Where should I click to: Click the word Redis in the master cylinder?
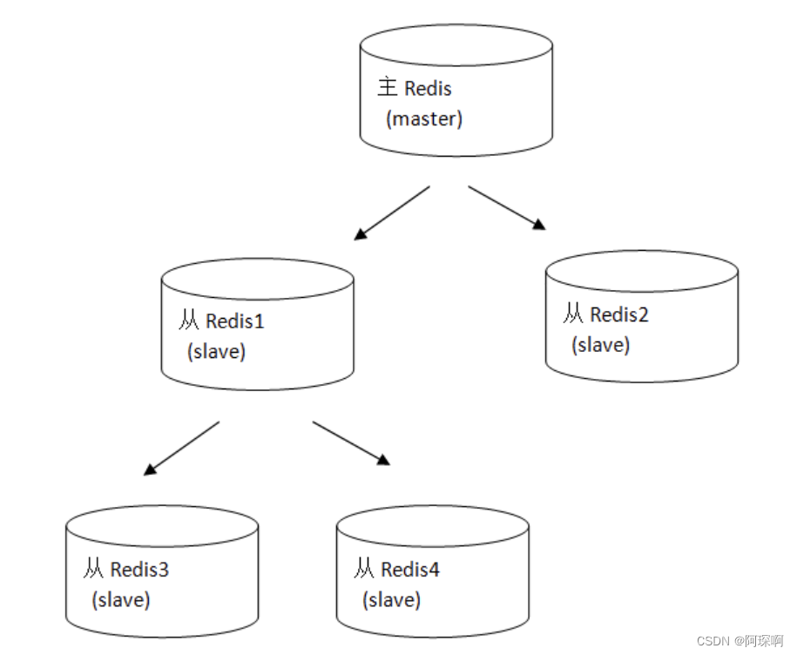point(429,88)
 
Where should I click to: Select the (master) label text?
point(423,118)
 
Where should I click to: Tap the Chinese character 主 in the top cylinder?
point(388,88)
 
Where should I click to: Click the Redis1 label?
point(234,321)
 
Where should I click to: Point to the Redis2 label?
point(619,314)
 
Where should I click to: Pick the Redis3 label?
point(139,571)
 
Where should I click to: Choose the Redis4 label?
point(410,571)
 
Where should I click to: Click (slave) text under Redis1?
point(216,352)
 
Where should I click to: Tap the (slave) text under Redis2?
point(600,345)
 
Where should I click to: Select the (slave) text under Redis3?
point(120,600)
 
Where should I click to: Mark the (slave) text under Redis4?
point(391,600)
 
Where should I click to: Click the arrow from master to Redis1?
point(392,213)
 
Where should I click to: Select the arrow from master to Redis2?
point(507,207)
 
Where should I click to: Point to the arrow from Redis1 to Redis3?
point(181,449)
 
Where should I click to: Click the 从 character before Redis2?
point(573,314)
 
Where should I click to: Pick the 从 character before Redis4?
point(364,571)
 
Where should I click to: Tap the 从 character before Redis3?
point(94,571)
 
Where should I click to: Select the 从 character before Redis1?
point(189,321)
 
